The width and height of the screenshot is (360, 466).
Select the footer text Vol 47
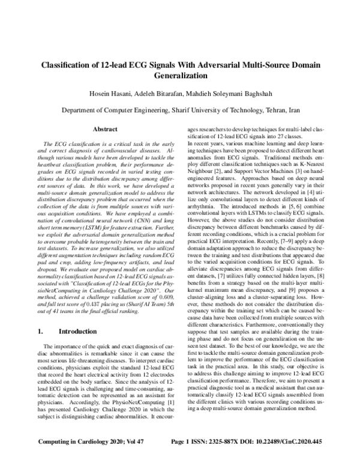coord(122,458)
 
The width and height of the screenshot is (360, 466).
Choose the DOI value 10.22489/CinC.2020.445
coord(298,458)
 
